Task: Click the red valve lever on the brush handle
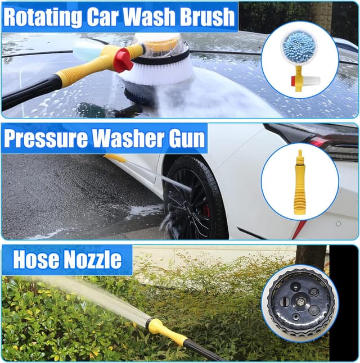click(123, 60)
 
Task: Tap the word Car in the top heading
click(106, 17)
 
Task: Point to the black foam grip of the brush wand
click(28, 93)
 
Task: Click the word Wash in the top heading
click(152, 17)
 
